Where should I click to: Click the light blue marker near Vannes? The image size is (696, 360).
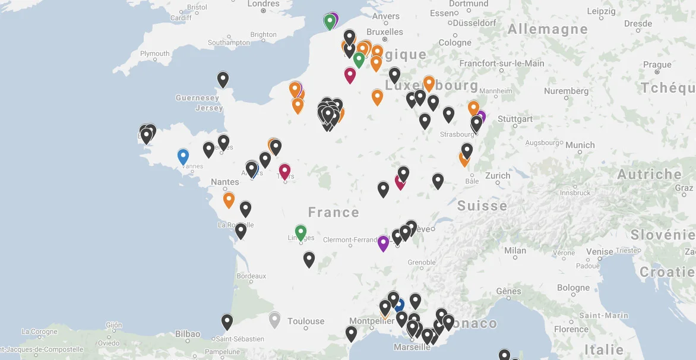(x=183, y=156)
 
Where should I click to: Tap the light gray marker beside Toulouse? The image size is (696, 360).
(x=274, y=320)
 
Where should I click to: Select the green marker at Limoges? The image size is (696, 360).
(x=300, y=232)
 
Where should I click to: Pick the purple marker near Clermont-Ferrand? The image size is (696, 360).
(x=383, y=243)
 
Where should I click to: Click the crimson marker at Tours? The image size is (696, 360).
(x=284, y=171)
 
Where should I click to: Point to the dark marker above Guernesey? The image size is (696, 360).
(x=223, y=79)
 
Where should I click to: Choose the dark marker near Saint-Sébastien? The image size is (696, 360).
(x=227, y=322)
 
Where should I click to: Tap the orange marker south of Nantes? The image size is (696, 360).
(x=229, y=200)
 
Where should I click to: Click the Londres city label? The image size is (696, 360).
(x=263, y=4)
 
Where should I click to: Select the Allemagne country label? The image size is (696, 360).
(x=547, y=29)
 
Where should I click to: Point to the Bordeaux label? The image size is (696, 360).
(x=251, y=276)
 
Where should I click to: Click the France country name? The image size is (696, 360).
(x=333, y=212)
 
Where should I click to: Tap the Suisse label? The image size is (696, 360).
(x=482, y=206)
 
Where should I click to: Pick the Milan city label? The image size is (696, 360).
(x=515, y=250)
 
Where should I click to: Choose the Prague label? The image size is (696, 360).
(x=657, y=65)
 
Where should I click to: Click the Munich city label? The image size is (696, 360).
(x=580, y=145)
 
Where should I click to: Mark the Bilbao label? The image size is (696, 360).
(x=188, y=334)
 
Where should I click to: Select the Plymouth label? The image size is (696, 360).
(x=154, y=53)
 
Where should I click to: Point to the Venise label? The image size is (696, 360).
(x=599, y=252)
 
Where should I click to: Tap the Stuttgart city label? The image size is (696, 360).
(x=515, y=119)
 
